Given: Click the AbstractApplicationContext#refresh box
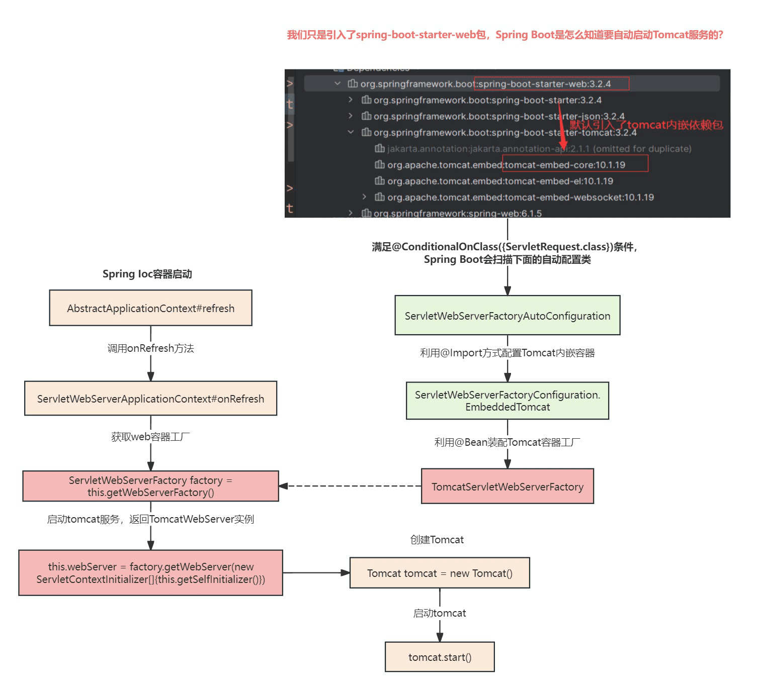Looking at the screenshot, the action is point(150,308).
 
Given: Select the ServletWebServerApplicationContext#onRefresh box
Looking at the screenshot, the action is point(150,398).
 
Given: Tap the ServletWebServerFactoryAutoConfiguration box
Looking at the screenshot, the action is point(508,315).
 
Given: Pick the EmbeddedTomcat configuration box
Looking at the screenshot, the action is point(508,401).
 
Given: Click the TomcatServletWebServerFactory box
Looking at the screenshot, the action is point(508,486).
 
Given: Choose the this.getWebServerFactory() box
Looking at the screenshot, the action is point(150,486).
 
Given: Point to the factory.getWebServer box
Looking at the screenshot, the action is point(150,572).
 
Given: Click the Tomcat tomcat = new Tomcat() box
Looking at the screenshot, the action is point(440,572).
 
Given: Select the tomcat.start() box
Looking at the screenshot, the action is point(440,657).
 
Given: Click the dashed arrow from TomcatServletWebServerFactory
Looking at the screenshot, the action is point(350,486).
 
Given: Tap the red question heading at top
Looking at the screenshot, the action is point(504,35).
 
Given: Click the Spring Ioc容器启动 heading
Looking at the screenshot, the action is point(147,274).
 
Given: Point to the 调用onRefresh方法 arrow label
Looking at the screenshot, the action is point(150,348).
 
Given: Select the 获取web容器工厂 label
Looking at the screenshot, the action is point(150,437).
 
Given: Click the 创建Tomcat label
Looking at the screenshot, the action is point(437,540).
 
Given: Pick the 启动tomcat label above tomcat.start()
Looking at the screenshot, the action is point(439,613).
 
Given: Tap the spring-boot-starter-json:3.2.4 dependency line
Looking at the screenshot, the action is point(493,116).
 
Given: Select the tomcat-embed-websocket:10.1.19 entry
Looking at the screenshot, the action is point(514,197).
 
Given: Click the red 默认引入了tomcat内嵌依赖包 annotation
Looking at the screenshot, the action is point(647,125).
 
